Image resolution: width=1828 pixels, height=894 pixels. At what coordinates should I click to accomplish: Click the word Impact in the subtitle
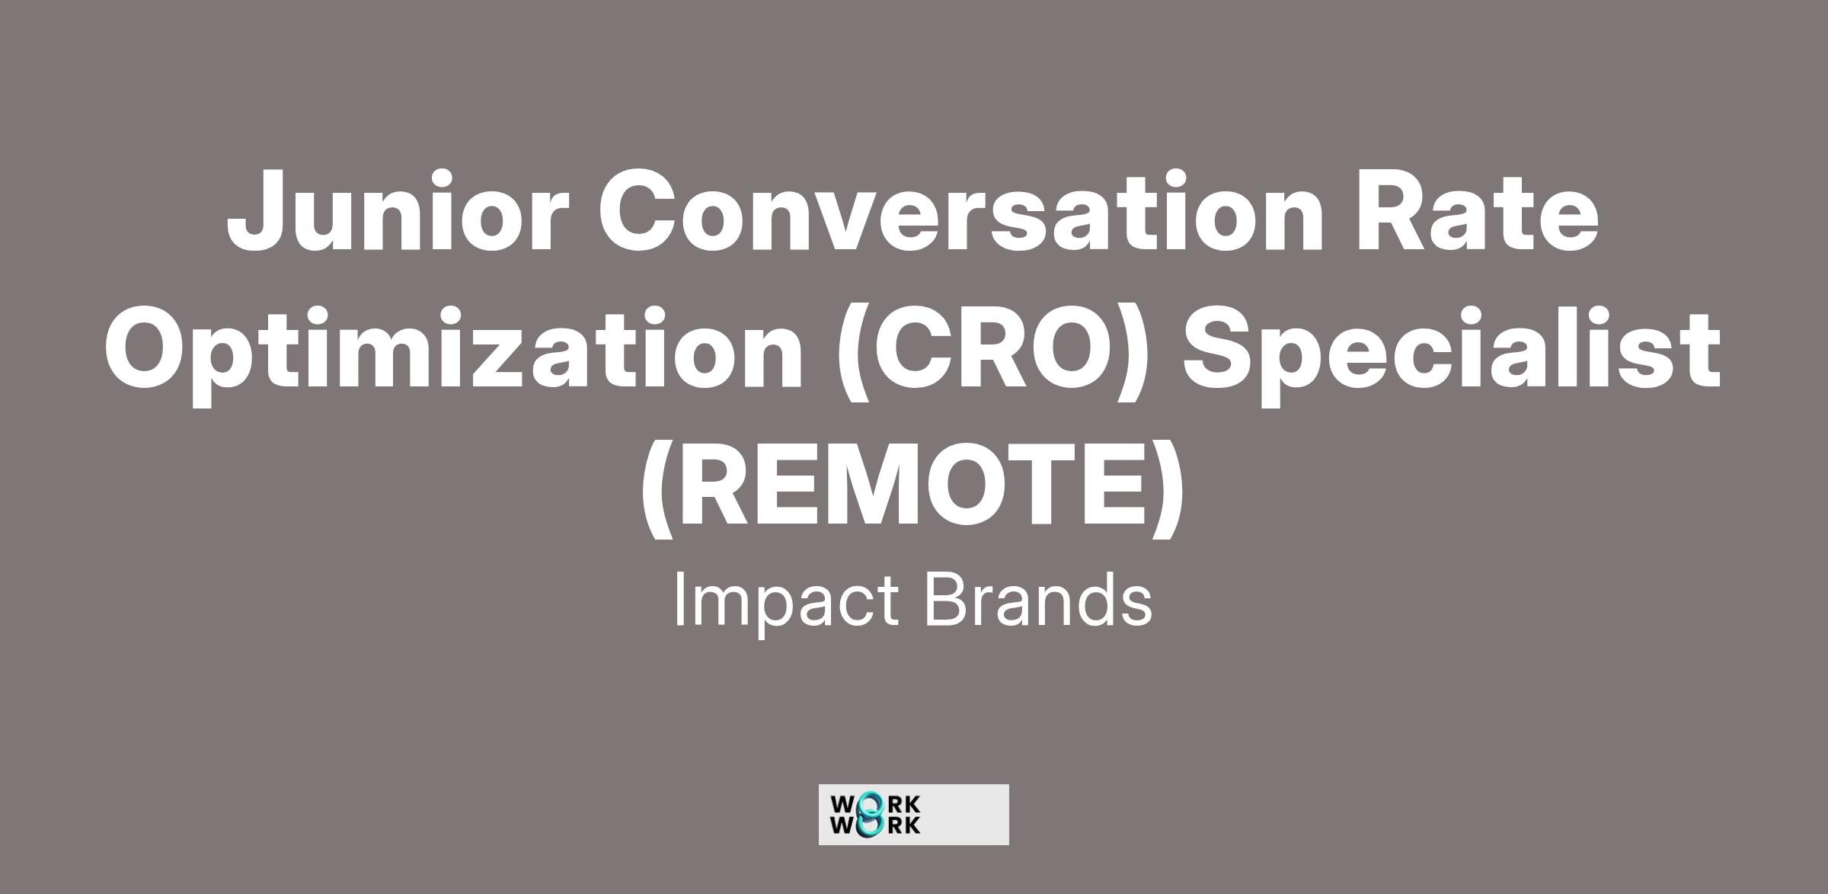pyautogui.click(x=787, y=602)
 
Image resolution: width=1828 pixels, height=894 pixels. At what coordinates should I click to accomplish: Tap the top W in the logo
pyautogui.click(x=844, y=805)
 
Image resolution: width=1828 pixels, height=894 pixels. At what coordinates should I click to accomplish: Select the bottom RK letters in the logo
pyautogui.click(x=906, y=825)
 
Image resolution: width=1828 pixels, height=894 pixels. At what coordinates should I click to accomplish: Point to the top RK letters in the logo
pyautogui.click(x=906, y=805)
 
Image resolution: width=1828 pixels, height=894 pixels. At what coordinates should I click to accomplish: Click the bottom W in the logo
pyautogui.click(x=844, y=825)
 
